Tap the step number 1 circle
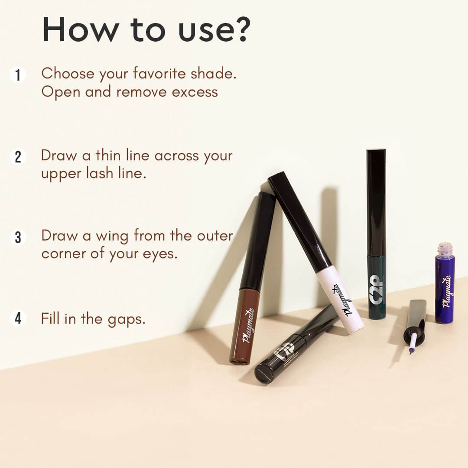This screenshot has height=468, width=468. (18, 75)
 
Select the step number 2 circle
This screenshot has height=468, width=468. (18, 157)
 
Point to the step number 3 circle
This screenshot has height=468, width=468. (18, 237)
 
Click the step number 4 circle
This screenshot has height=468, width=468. (18, 319)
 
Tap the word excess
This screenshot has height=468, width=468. (195, 92)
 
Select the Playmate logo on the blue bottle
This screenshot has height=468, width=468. (446, 291)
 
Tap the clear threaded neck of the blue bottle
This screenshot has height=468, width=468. (445, 249)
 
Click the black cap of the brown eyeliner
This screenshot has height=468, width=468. (258, 241)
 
